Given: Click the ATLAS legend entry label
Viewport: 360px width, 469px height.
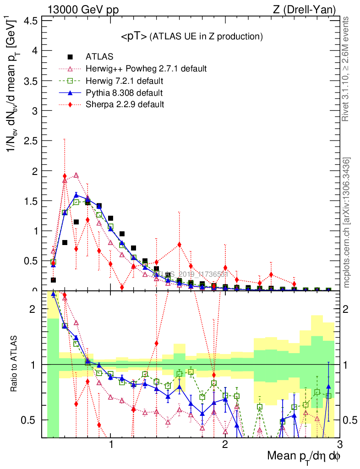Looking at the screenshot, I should point(99,57).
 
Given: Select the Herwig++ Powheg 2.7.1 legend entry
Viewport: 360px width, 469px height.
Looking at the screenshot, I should point(146,69).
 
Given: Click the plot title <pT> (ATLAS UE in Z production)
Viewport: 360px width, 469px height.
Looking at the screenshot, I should point(191,36).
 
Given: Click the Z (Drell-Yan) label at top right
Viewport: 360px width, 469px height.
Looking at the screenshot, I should point(310,9).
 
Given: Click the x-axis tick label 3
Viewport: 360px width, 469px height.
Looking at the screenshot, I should point(339,444).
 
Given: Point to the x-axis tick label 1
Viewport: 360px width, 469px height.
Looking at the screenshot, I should point(111,444).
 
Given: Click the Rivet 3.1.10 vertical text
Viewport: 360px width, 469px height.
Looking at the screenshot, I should point(346,69).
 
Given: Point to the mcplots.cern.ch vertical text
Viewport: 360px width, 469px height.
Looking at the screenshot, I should point(346,223).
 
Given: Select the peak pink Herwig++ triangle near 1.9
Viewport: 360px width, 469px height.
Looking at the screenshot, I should point(76,175).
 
